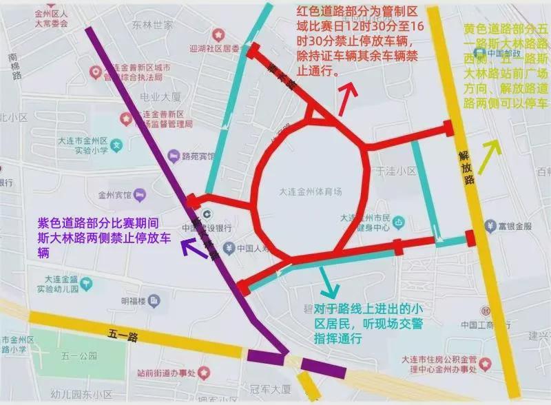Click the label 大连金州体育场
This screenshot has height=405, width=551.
click(x=311, y=191)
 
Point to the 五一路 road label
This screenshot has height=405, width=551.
click(x=123, y=336)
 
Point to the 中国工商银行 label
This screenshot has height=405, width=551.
click(x=484, y=324)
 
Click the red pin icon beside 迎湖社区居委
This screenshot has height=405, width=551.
click(x=218, y=34)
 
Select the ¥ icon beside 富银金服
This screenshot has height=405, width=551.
click(x=491, y=225)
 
